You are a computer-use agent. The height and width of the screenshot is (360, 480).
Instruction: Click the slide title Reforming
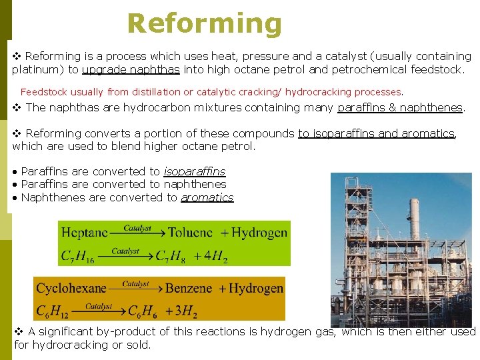pos(205,23)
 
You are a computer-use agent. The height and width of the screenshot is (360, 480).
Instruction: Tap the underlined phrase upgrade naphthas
pos(131,69)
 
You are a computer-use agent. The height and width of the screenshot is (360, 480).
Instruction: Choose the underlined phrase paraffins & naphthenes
pos(400,107)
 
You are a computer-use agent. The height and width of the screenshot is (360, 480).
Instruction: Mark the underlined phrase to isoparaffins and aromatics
pos(376,133)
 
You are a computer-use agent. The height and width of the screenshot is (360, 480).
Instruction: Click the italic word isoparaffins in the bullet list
pos(195,171)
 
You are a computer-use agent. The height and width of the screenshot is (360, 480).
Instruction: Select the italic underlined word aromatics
pos(207,197)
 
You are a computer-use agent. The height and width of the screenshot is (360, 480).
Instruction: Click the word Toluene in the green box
pos(190,233)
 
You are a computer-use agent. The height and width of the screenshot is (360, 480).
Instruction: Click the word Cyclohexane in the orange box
pos(71,289)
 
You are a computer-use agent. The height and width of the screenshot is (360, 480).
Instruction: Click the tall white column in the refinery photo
pos(413,220)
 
